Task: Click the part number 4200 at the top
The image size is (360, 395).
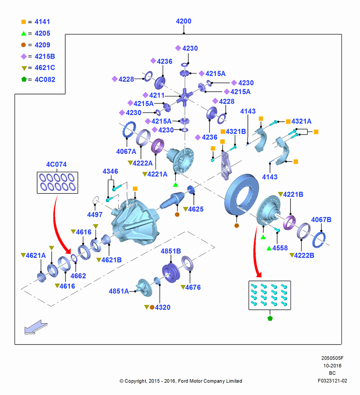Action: (184, 21)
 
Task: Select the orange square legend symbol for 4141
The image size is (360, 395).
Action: (23, 22)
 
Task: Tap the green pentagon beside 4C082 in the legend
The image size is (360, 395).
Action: (24, 79)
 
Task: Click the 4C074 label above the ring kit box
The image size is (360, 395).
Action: (56, 164)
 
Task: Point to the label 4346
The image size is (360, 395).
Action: (110, 171)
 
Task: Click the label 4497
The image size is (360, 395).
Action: (95, 214)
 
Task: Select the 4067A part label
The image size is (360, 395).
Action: (126, 151)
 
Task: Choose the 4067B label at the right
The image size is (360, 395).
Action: (321, 220)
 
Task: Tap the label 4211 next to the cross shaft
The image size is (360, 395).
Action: (157, 95)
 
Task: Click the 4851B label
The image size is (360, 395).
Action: (171, 251)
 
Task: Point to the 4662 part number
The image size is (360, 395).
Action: (78, 276)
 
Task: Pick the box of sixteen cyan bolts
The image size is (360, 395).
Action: (270, 295)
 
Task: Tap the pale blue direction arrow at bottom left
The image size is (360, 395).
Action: (36, 327)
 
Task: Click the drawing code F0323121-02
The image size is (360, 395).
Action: (332, 381)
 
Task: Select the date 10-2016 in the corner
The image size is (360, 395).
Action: (332, 365)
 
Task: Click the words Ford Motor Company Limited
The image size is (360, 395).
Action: (210, 381)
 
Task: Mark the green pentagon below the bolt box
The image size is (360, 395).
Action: (270, 318)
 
